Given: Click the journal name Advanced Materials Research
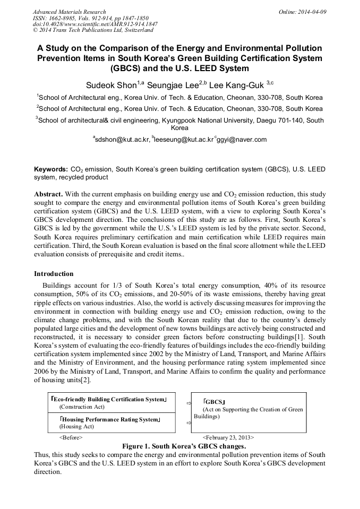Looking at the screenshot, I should click(69, 11).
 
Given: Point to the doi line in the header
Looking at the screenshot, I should click(95, 24).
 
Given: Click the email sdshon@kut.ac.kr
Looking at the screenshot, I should click(122, 140).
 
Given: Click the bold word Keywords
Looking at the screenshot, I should click(50, 169).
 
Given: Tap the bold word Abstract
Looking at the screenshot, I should click(48, 194).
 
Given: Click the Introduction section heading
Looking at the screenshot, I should click(54, 274).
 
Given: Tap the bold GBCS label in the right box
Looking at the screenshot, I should click(215, 402).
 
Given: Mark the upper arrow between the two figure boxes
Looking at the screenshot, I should click(188, 403).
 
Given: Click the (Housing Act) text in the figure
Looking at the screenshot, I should click(76, 426).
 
